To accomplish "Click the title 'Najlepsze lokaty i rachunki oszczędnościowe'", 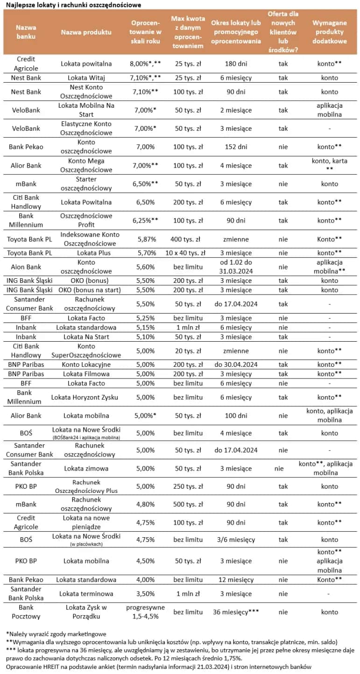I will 73,5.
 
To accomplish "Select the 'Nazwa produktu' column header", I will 86,32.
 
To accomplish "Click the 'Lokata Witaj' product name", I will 86,78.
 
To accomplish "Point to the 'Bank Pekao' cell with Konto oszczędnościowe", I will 26,147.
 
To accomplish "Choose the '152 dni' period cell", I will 235,147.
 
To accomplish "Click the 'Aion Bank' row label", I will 26,267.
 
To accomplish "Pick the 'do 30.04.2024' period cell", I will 235,365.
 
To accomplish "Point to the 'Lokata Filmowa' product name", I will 86,374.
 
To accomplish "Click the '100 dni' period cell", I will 235,415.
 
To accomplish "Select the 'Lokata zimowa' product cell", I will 86,468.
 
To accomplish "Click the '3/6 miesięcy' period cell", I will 235,540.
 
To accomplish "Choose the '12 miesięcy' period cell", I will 235,580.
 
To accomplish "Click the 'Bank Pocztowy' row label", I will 26,612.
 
